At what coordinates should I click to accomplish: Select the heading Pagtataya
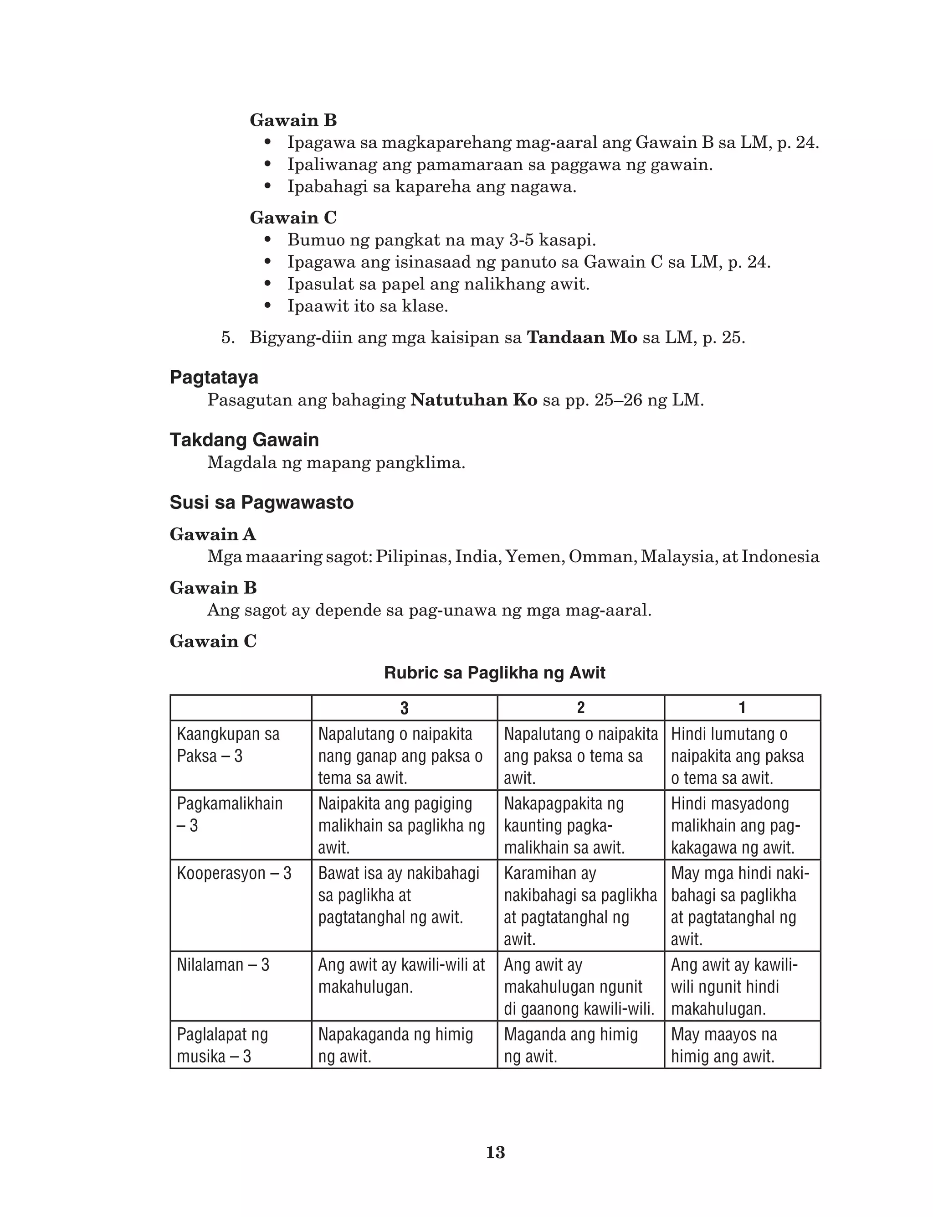click(x=214, y=378)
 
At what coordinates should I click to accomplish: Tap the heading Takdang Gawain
click(x=244, y=440)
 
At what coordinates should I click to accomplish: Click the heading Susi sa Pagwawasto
click(x=261, y=502)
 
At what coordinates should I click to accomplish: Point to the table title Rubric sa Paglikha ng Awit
click(x=494, y=673)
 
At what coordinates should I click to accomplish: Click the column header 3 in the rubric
click(x=404, y=708)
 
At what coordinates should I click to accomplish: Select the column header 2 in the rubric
click(x=580, y=708)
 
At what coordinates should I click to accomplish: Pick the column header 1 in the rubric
click(x=742, y=708)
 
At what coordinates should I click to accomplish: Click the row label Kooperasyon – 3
click(x=234, y=873)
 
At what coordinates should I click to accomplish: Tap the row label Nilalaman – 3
click(x=223, y=965)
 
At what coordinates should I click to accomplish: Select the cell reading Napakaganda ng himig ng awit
click(x=395, y=1045)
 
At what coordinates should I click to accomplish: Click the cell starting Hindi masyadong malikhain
click(x=735, y=825)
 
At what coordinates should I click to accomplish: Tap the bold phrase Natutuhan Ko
click(x=474, y=399)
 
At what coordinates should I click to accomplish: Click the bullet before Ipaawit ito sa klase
click(x=268, y=306)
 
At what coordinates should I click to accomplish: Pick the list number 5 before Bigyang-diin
click(x=228, y=337)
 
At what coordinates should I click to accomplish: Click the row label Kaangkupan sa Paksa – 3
click(x=228, y=745)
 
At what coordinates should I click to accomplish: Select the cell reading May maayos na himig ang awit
click(x=723, y=1045)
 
